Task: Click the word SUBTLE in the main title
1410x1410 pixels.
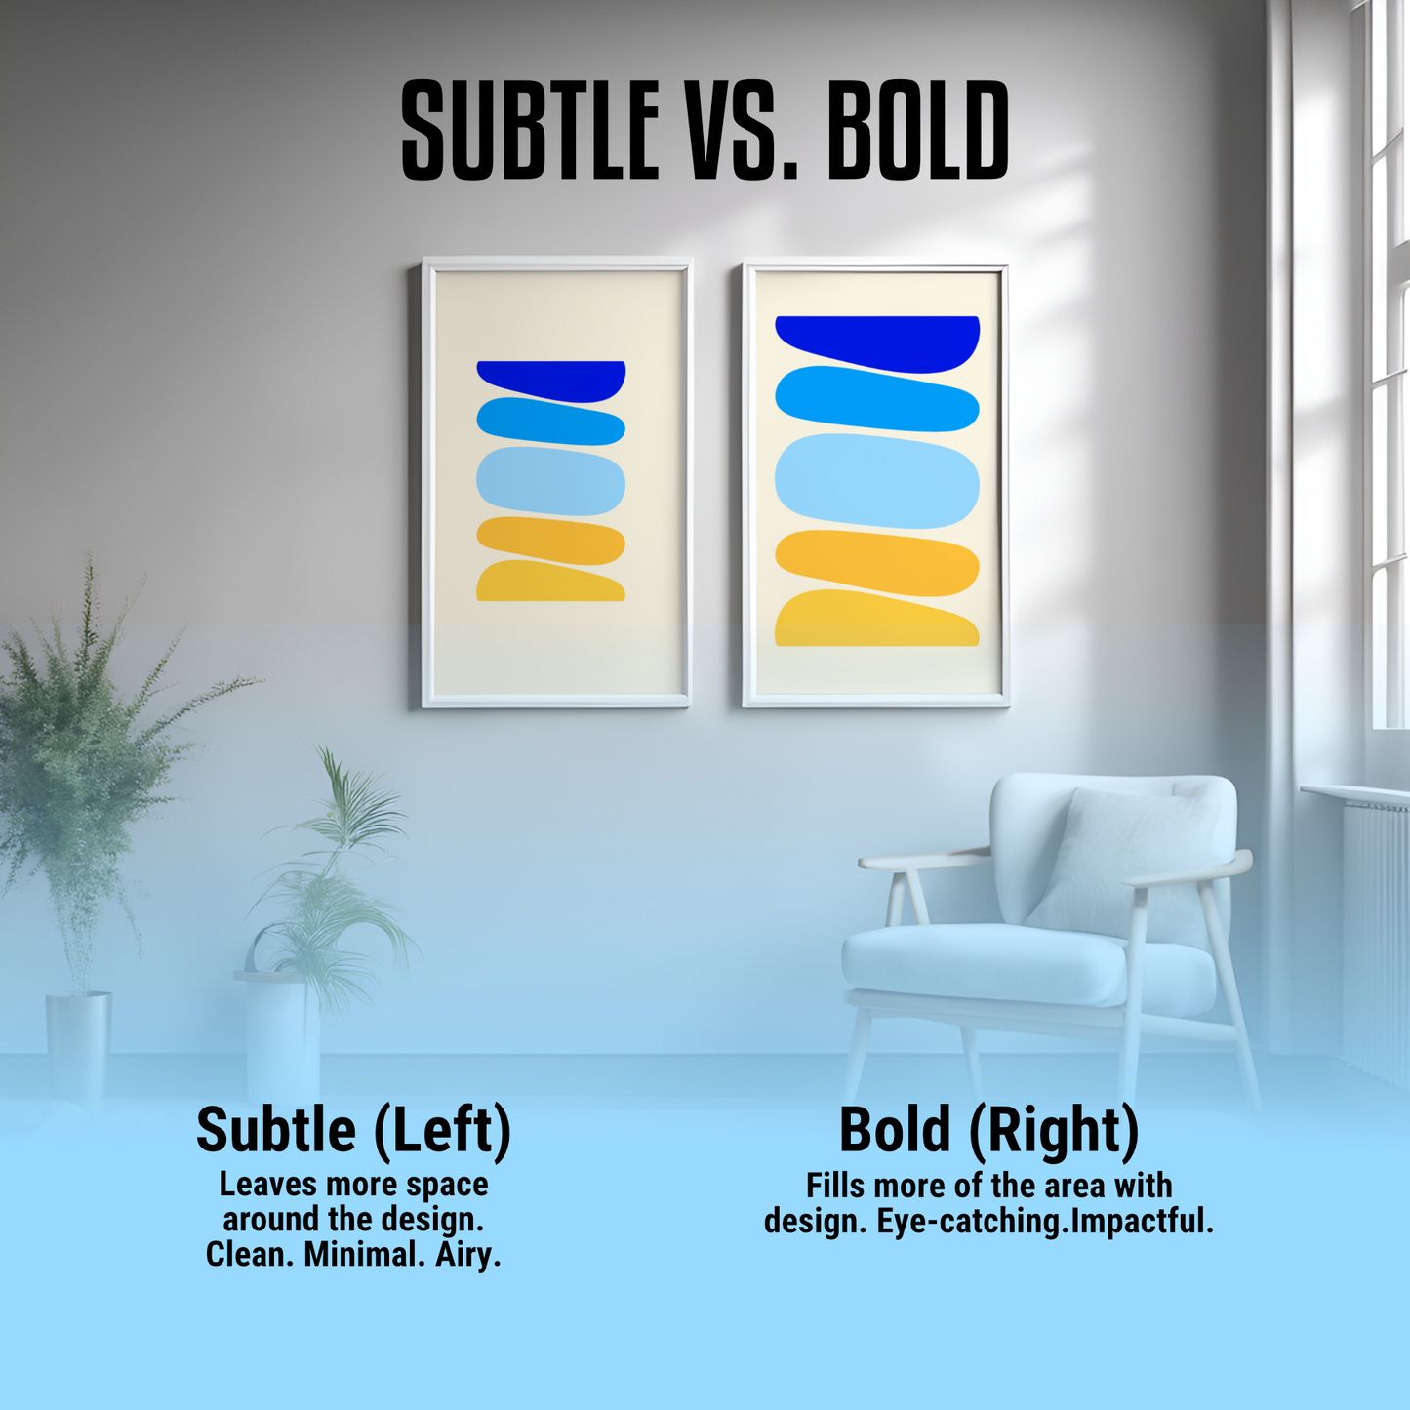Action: tap(530, 131)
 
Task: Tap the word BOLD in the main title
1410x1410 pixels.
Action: tap(918, 131)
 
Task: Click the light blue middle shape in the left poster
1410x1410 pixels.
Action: tap(550, 480)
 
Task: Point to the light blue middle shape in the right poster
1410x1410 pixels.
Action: tap(876, 480)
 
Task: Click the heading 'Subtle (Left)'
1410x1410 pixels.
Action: tap(353, 1130)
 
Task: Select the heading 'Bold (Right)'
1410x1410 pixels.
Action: tap(988, 1130)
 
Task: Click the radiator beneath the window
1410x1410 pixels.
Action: tap(1376, 927)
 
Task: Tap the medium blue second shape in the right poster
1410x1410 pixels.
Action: tap(876, 399)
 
